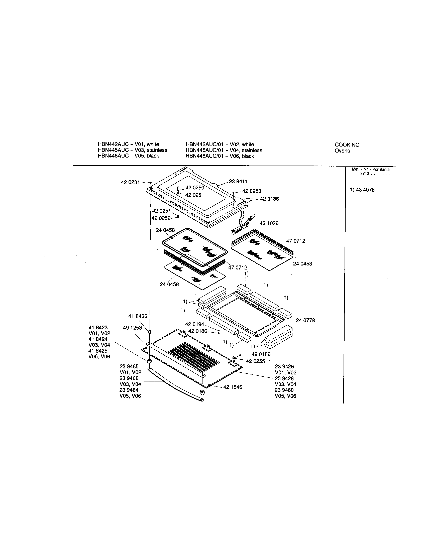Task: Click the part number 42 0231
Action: pyautogui.click(x=130, y=182)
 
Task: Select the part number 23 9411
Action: pyautogui.click(x=238, y=182)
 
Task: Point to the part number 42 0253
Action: pyautogui.click(x=252, y=191)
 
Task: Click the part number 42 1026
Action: pyautogui.click(x=269, y=223)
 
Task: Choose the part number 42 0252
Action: pyautogui.click(x=161, y=218)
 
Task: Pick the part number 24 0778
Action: pyautogui.click(x=305, y=320)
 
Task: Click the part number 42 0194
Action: pyautogui.click(x=194, y=324)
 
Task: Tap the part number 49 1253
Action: pyautogui.click(x=132, y=328)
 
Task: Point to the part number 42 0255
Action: pyautogui.click(x=255, y=361)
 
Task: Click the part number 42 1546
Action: pyautogui.click(x=233, y=387)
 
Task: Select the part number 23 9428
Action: pyautogui.click(x=284, y=378)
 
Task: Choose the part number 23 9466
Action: pyautogui.click(x=129, y=378)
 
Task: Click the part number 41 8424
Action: pyautogui.click(x=98, y=339)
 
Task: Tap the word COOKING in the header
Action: pyautogui.click(x=347, y=145)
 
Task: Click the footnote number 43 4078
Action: pyautogui.click(x=365, y=190)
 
